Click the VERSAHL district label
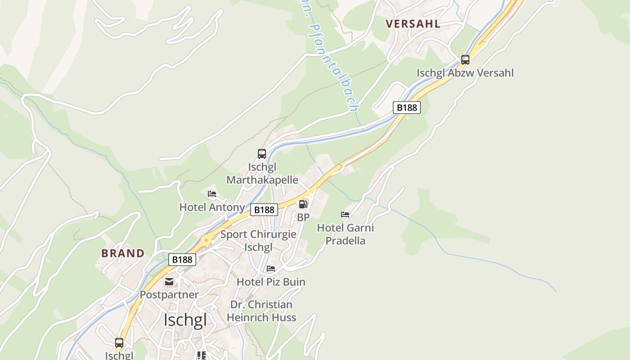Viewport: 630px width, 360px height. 413,24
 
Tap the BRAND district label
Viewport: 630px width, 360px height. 123,253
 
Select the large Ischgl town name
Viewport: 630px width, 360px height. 185,320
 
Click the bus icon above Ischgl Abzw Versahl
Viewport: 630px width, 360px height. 465,59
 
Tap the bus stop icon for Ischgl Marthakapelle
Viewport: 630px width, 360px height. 262,154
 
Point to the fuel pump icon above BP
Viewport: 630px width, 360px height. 303,204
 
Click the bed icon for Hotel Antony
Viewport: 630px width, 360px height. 212,194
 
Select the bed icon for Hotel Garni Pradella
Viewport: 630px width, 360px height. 345,215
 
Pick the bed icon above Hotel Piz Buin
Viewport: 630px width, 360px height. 271,269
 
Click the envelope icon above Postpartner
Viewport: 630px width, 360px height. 169,282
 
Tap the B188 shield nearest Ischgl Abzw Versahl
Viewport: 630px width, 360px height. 407,108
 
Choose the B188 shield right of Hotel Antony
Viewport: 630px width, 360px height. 264,210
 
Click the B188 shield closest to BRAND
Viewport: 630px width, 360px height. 182,260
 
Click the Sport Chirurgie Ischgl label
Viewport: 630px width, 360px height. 258,241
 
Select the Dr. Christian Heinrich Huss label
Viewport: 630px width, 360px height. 261,311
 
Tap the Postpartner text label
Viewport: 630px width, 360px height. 169,295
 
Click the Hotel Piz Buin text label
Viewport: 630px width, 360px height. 271,282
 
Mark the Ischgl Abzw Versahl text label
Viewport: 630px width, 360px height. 465,73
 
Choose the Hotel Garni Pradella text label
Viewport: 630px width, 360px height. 346,234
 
